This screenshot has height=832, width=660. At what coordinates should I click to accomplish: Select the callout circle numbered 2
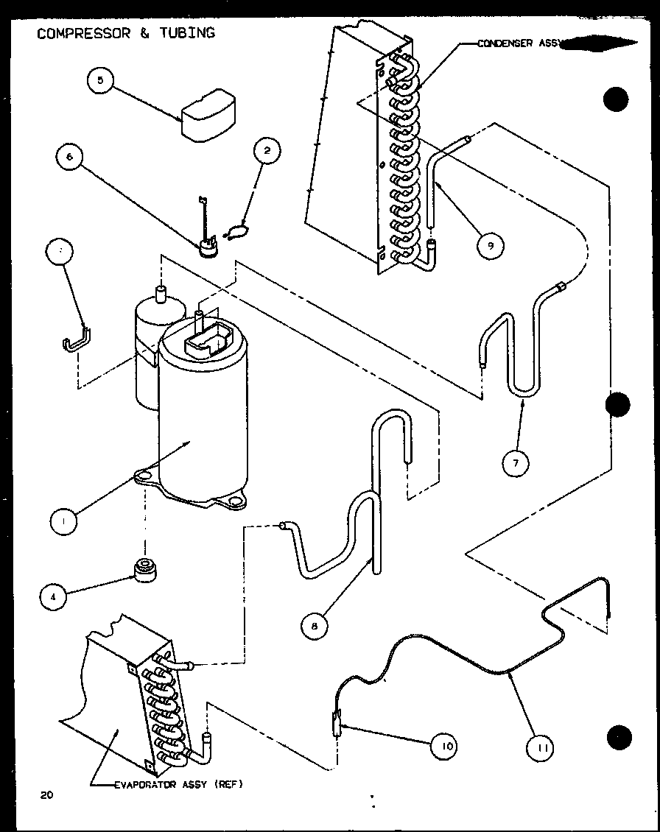(267, 152)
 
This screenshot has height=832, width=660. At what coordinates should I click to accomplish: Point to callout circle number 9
(490, 245)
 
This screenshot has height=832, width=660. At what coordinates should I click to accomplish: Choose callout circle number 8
(315, 625)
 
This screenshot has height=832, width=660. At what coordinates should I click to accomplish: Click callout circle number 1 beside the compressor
(65, 521)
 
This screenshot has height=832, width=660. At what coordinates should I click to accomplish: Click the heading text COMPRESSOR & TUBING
(126, 33)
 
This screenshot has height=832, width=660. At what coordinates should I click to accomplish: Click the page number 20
(47, 794)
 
